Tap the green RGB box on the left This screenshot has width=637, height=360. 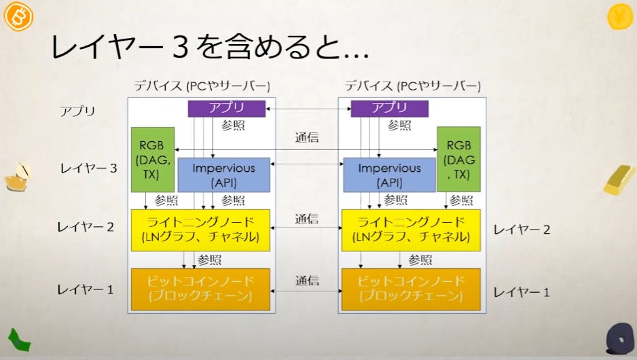[x=151, y=159]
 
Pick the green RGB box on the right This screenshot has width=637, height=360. [x=458, y=159]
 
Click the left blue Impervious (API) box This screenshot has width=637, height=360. [x=223, y=175]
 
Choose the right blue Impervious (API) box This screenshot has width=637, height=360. [x=389, y=175]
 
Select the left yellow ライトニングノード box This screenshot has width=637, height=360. [x=200, y=230]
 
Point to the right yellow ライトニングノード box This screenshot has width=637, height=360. [x=410, y=230]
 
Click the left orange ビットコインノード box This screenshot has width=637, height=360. [x=200, y=289]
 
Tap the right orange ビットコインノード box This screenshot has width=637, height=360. [x=410, y=289]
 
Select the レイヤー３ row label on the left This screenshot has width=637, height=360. [x=89, y=168]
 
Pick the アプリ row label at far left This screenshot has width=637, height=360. [x=77, y=111]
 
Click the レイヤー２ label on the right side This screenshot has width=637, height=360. [x=522, y=230]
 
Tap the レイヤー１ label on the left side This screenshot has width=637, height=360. [x=85, y=289]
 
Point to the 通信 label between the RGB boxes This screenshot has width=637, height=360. [x=306, y=137]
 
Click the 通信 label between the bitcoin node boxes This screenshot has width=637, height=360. [x=306, y=281]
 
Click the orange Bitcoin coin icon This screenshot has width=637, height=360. [x=18, y=16]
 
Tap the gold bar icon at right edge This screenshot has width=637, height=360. [x=619, y=180]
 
